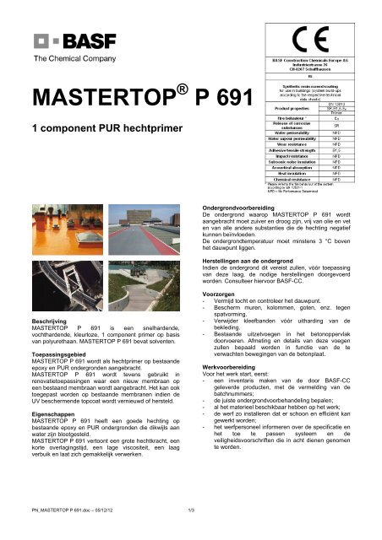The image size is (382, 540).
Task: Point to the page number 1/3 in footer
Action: [191, 531]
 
